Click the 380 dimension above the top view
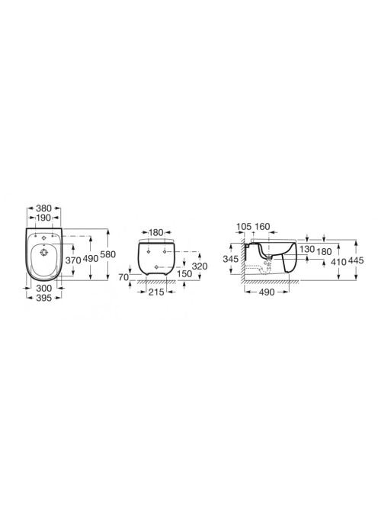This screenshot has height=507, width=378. point(43,208)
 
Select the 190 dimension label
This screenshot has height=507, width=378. point(43,218)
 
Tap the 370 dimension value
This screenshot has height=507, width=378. point(73,260)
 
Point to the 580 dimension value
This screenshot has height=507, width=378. point(107,254)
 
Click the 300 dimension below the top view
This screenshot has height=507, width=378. point(43,288)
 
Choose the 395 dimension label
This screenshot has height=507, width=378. point(43,298)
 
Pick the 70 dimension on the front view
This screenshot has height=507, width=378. point(123,277)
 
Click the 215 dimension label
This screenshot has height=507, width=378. point(156,292)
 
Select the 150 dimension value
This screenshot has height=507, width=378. point(184,274)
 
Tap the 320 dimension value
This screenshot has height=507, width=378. point(200,266)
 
